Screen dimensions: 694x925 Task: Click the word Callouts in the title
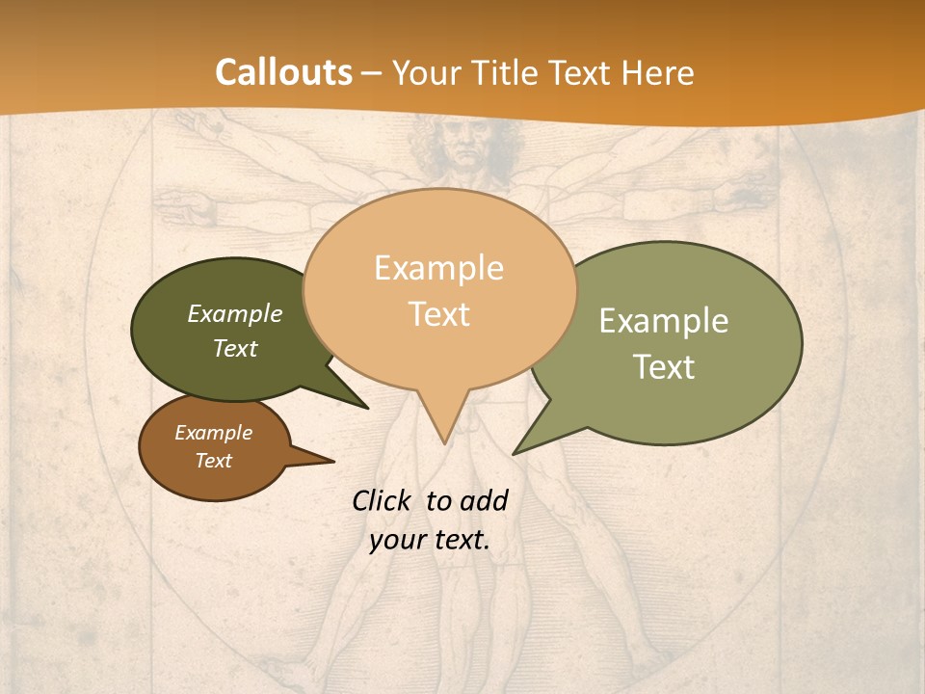283,72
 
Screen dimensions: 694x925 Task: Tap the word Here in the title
657,72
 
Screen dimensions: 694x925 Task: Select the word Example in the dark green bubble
235,313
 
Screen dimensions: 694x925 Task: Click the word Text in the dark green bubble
235,348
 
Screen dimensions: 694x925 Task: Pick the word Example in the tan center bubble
438,268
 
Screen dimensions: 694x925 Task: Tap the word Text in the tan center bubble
439,314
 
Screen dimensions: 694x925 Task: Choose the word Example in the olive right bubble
664,321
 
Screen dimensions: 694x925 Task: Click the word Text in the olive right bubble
665,367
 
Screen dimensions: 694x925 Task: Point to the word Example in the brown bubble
213,433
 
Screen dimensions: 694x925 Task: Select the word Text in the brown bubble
213,461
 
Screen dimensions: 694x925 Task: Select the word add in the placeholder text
484,500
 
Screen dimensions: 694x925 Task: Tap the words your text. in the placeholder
430,540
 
